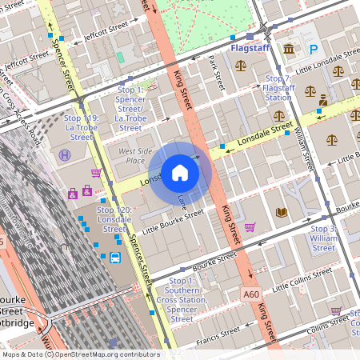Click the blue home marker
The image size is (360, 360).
[180, 172]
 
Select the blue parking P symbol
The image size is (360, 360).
[314, 49]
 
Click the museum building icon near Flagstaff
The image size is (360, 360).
[288, 50]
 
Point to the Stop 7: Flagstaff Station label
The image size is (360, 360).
[278, 88]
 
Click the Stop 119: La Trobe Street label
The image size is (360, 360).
[82, 127]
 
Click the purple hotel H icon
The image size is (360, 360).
[64, 154]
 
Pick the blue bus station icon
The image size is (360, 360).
[115, 258]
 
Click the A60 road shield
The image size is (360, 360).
[251, 294]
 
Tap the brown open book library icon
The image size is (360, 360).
[281, 212]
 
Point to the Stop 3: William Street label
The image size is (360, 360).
[324, 238]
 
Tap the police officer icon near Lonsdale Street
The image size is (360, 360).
[323, 101]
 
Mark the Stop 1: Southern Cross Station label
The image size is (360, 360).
[182, 300]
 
